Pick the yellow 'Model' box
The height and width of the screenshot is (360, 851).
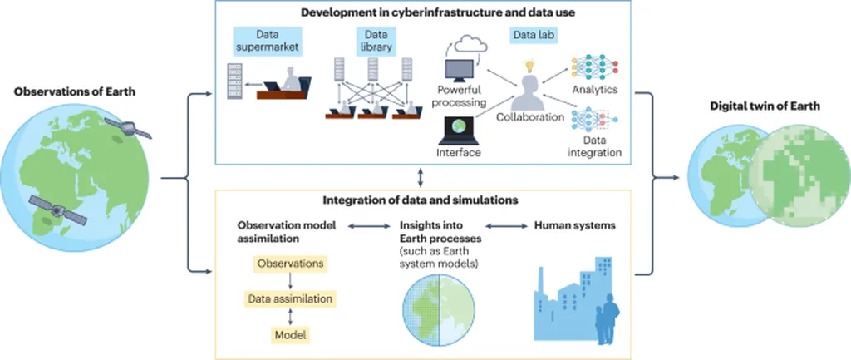click(292, 335)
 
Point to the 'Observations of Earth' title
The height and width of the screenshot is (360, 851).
click(64, 91)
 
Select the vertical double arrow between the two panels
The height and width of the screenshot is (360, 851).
click(423, 176)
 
